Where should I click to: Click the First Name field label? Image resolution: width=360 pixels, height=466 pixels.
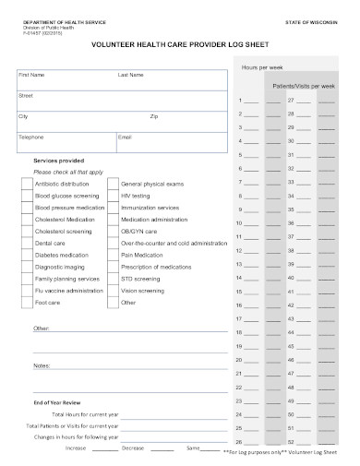pos(32,75)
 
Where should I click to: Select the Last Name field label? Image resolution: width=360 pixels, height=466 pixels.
pos(130,75)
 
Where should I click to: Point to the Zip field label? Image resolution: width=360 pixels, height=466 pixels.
pos(154,116)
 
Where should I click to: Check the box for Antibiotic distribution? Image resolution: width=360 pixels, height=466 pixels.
pos(26,185)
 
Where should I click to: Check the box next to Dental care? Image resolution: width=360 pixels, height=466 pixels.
pos(26,244)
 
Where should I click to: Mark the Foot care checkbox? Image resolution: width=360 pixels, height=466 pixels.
pos(26,303)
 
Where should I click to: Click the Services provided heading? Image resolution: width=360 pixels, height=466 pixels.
pos(58,161)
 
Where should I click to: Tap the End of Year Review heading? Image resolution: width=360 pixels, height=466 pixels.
pos(57,403)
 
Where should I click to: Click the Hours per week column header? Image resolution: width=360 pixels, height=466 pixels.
pos(261,69)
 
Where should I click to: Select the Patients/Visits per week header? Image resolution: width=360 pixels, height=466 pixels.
pos(301,85)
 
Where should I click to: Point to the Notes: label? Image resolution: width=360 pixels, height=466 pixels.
pos(42,365)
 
